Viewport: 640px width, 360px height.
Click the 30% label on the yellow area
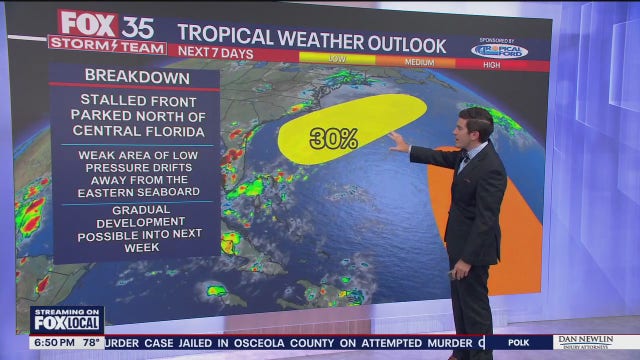tap(333, 139)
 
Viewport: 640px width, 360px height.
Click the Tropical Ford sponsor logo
tap(499, 49)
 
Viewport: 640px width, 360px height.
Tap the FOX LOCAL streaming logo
tap(66, 319)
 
